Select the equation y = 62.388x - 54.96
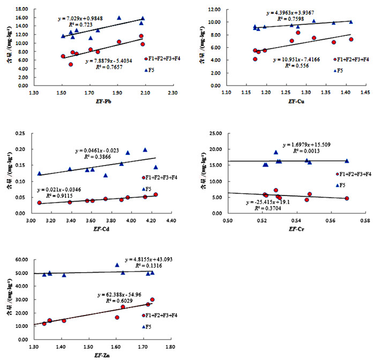point(123,295)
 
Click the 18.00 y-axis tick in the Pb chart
point(21,10)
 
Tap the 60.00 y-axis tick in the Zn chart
point(21,260)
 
